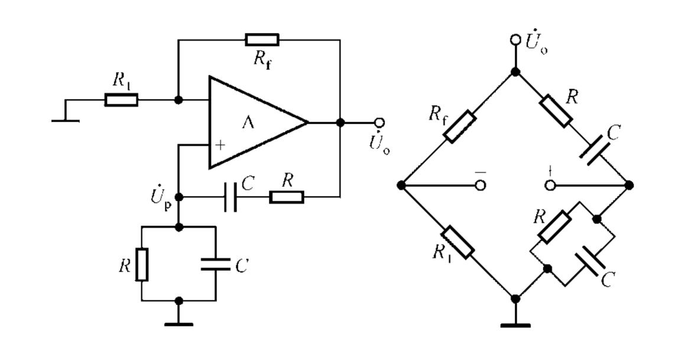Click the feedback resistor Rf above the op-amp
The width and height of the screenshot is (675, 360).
(262, 40)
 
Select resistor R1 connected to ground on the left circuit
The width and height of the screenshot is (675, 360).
(121, 100)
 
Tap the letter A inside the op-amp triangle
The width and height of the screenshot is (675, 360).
(248, 123)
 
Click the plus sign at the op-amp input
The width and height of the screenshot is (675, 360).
(220, 145)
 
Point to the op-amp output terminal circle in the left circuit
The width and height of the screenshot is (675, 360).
(379, 123)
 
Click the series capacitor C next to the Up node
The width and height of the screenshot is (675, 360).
(231, 197)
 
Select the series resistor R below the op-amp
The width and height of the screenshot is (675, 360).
(287, 197)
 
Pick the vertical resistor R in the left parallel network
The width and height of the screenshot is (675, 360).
(142, 264)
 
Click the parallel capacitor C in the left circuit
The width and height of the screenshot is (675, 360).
(216, 264)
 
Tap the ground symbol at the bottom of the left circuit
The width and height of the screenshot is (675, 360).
(179, 324)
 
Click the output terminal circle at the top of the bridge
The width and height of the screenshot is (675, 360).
(515, 40)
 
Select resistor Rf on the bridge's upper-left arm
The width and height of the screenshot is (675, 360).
(460, 127)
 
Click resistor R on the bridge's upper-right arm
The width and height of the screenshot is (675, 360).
(556, 111)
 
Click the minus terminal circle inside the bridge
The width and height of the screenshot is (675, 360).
(481, 186)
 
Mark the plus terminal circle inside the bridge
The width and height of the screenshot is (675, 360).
(550, 186)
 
